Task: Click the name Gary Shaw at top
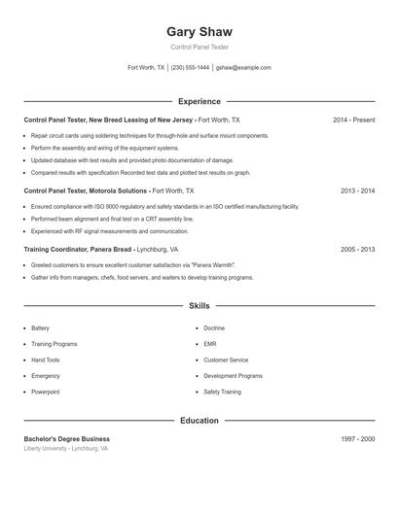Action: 199,32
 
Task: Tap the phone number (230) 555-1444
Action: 190,68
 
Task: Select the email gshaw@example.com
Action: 243,68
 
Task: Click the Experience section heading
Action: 199,101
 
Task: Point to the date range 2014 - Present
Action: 353,120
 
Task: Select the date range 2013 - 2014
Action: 357,191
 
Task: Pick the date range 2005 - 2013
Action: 357,249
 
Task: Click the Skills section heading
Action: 199,305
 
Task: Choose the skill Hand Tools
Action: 46,360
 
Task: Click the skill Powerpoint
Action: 46,392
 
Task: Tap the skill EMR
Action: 210,344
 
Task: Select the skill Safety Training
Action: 222,392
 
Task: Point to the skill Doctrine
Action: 214,328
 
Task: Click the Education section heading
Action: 199,421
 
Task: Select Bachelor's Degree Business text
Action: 67,439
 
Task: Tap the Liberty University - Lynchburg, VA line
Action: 66,449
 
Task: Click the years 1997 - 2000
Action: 357,439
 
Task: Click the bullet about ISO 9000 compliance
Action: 164,207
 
